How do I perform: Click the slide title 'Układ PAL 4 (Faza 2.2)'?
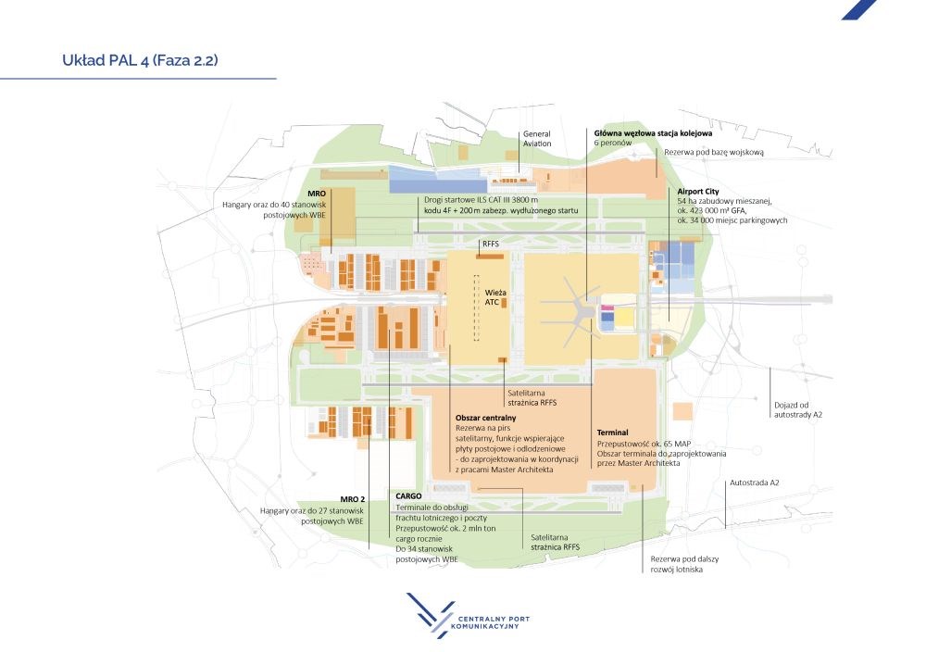tap(140, 60)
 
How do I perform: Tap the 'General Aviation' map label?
tap(537, 139)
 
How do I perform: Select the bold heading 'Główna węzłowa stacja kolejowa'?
tap(653, 133)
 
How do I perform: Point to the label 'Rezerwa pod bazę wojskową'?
tap(713, 153)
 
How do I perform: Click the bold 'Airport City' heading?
tap(698, 192)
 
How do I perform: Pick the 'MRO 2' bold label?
tap(353, 499)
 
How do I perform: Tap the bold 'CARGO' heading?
tap(408, 496)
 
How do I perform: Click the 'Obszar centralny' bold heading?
tap(485, 418)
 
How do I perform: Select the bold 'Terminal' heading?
tap(612, 433)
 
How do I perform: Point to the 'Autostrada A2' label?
tap(754, 483)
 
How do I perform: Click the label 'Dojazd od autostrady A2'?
tap(798, 410)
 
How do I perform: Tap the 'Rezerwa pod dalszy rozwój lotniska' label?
tap(684, 564)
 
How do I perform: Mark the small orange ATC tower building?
tap(504, 303)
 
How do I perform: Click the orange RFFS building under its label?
tap(490, 257)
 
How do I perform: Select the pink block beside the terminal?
tap(607, 308)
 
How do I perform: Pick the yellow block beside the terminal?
tap(624, 319)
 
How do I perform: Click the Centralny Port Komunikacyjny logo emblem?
tap(430, 615)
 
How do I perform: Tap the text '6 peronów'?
tap(612, 143)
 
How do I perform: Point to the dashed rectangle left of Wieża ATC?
tap(476, 308)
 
